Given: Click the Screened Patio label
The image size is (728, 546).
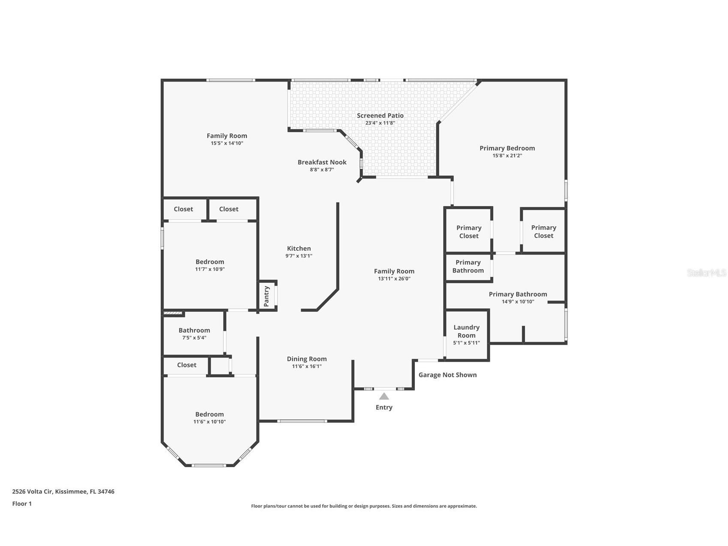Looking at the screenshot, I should click(x=380, y=115).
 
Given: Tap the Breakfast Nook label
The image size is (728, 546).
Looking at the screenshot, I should click(x=322, y=162).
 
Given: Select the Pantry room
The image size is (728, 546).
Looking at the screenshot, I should click(x=266, y=296).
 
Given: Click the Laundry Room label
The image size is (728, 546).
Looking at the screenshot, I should click(x=466, y=331).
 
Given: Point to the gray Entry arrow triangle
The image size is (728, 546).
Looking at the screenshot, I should click(x=384, y=397).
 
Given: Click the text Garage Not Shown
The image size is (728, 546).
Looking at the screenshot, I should click(x=447, y=375).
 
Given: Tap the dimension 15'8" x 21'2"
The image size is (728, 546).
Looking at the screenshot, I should click(x=507, y=156).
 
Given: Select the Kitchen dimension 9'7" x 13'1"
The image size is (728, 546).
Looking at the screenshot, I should click(x=299, y=256).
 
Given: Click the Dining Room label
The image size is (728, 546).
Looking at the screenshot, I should click(x=307, y=359).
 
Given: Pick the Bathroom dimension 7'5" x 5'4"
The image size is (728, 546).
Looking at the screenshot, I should click(x=194, y=338).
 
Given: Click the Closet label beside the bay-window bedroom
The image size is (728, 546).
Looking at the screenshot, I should click(x=187, y=365).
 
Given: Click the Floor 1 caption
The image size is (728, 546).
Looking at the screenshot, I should click(x=22, y=504).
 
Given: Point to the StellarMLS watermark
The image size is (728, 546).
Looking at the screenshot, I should click(x=706, y=273).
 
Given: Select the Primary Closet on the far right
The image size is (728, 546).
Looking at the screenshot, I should click(x=544, y=231).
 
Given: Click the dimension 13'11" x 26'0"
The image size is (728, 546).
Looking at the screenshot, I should click(x=394, y=279).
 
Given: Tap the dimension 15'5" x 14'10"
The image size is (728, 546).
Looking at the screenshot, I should click(x=227, y=143).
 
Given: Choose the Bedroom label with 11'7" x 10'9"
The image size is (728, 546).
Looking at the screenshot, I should click(x=210, y=262).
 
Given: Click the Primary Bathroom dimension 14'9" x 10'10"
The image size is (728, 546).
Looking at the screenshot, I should click(x=518, y=302).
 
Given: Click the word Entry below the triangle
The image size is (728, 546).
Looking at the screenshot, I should click(x=384, y=407).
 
